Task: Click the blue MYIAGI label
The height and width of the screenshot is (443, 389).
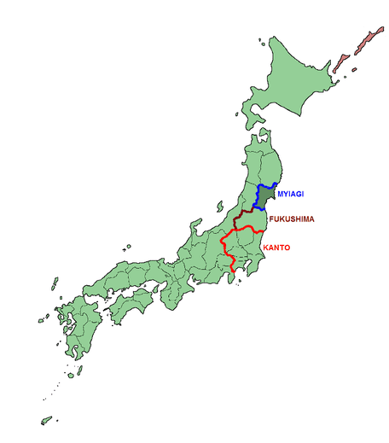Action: tap(290, 195)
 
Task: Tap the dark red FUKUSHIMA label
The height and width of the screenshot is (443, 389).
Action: tap(293, 219)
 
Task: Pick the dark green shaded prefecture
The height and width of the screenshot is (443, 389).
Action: tap(266, 198)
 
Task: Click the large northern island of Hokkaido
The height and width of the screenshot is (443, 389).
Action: tap(290, 81)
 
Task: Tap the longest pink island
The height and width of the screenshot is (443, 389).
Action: tap(372, 38)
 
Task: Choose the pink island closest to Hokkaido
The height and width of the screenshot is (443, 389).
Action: tap(341, 64)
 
